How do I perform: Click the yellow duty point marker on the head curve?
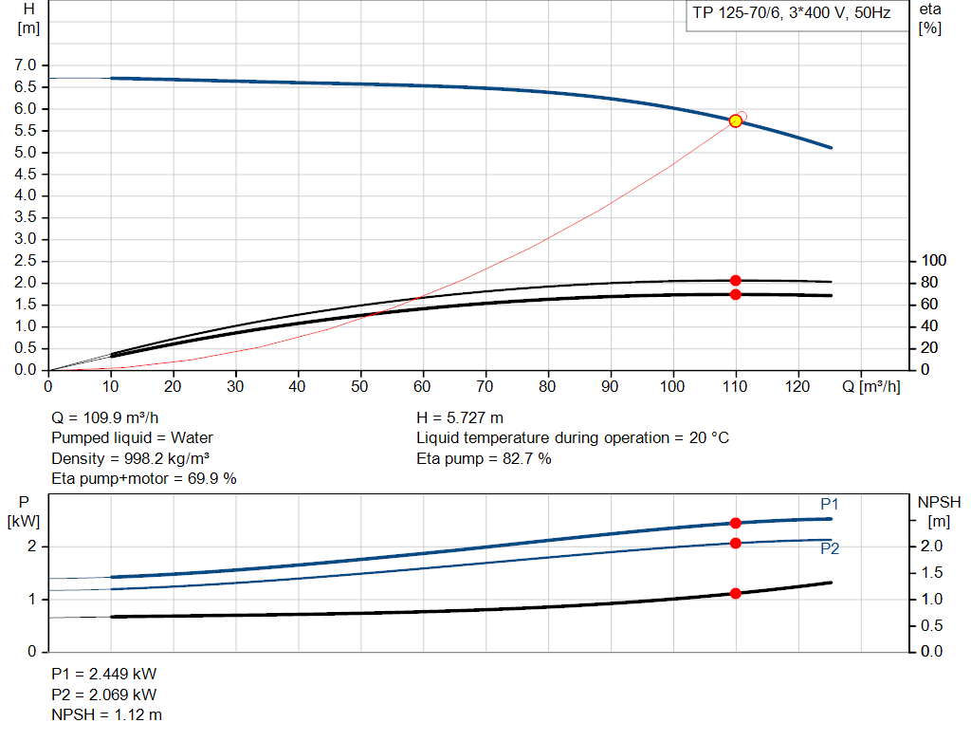pyautogui.click(x=736, y=121)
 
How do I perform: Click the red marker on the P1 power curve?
pyautogui.click(x=736, y=523)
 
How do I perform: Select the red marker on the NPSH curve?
pyautogui.click(x=736, y=593)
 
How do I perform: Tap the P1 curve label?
pyautogui.click(x=830, y=504)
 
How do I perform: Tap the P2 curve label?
pyautogui.click(x=830, y=548)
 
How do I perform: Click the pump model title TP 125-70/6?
pyautogui.click(x=792, y=15)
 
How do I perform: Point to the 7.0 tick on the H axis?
pyautogui.click(x=26, y=65)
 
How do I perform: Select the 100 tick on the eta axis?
pyautogui.click(x=934, y=261)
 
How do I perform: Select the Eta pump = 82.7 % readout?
pyautogui.click(x=484, y=458)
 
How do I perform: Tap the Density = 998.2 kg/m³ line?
pyautogui.click(x=130, y=458)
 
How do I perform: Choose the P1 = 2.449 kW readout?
pyautogui.click(x=103, y=674)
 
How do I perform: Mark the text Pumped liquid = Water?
pyautogui.click(x=132, y=437)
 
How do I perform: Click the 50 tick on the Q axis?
pyautogui.click(x=360, y=386)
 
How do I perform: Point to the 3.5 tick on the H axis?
pyautogui.click(x=26, y=217)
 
